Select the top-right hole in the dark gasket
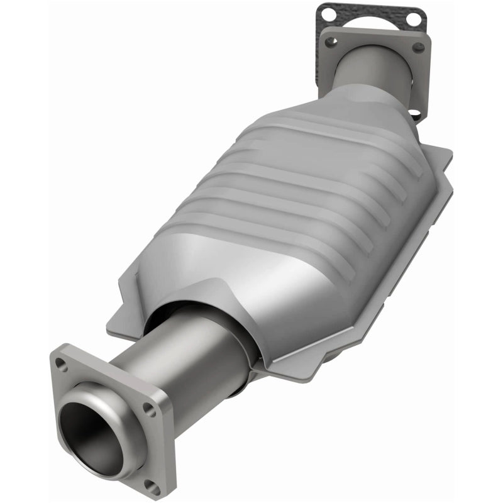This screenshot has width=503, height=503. pyautogui.click(x=412, y=19)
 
